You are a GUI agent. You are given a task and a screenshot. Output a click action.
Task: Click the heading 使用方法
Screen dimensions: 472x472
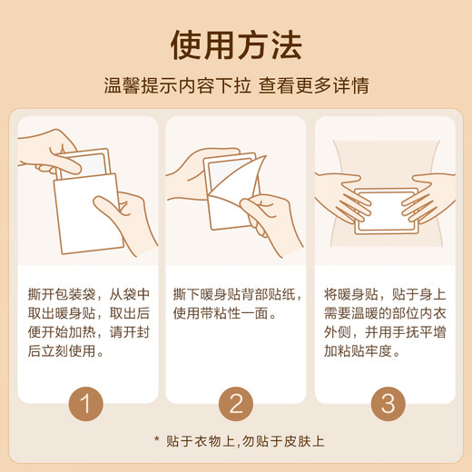[x=236, y=43]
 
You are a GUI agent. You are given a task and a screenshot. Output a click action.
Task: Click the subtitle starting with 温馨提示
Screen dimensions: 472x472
[x=236, y=88]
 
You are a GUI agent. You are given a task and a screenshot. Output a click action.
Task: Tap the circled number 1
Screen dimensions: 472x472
[x=87, y=402]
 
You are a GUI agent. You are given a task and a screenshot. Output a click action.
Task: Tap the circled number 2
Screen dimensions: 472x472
[x=236, y=402]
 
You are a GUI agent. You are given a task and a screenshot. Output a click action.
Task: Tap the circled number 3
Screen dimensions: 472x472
[x=385, y=402]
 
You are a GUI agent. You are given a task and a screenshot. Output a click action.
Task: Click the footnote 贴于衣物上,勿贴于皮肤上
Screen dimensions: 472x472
[x=245, y=441]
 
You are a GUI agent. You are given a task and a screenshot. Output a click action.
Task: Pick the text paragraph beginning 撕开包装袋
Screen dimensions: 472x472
[x=87, y=322]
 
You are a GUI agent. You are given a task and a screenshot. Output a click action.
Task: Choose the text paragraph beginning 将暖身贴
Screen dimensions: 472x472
[x=384, y=322]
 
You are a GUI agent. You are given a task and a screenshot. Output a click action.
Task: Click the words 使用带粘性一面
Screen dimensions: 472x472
[x=224, y=313]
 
